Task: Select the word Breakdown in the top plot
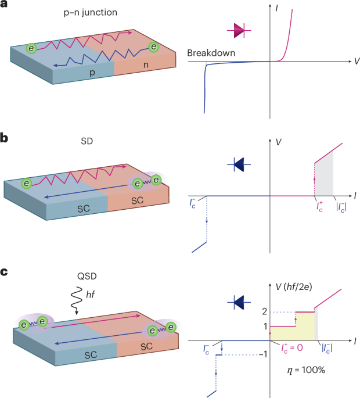[x=211, y=53]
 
